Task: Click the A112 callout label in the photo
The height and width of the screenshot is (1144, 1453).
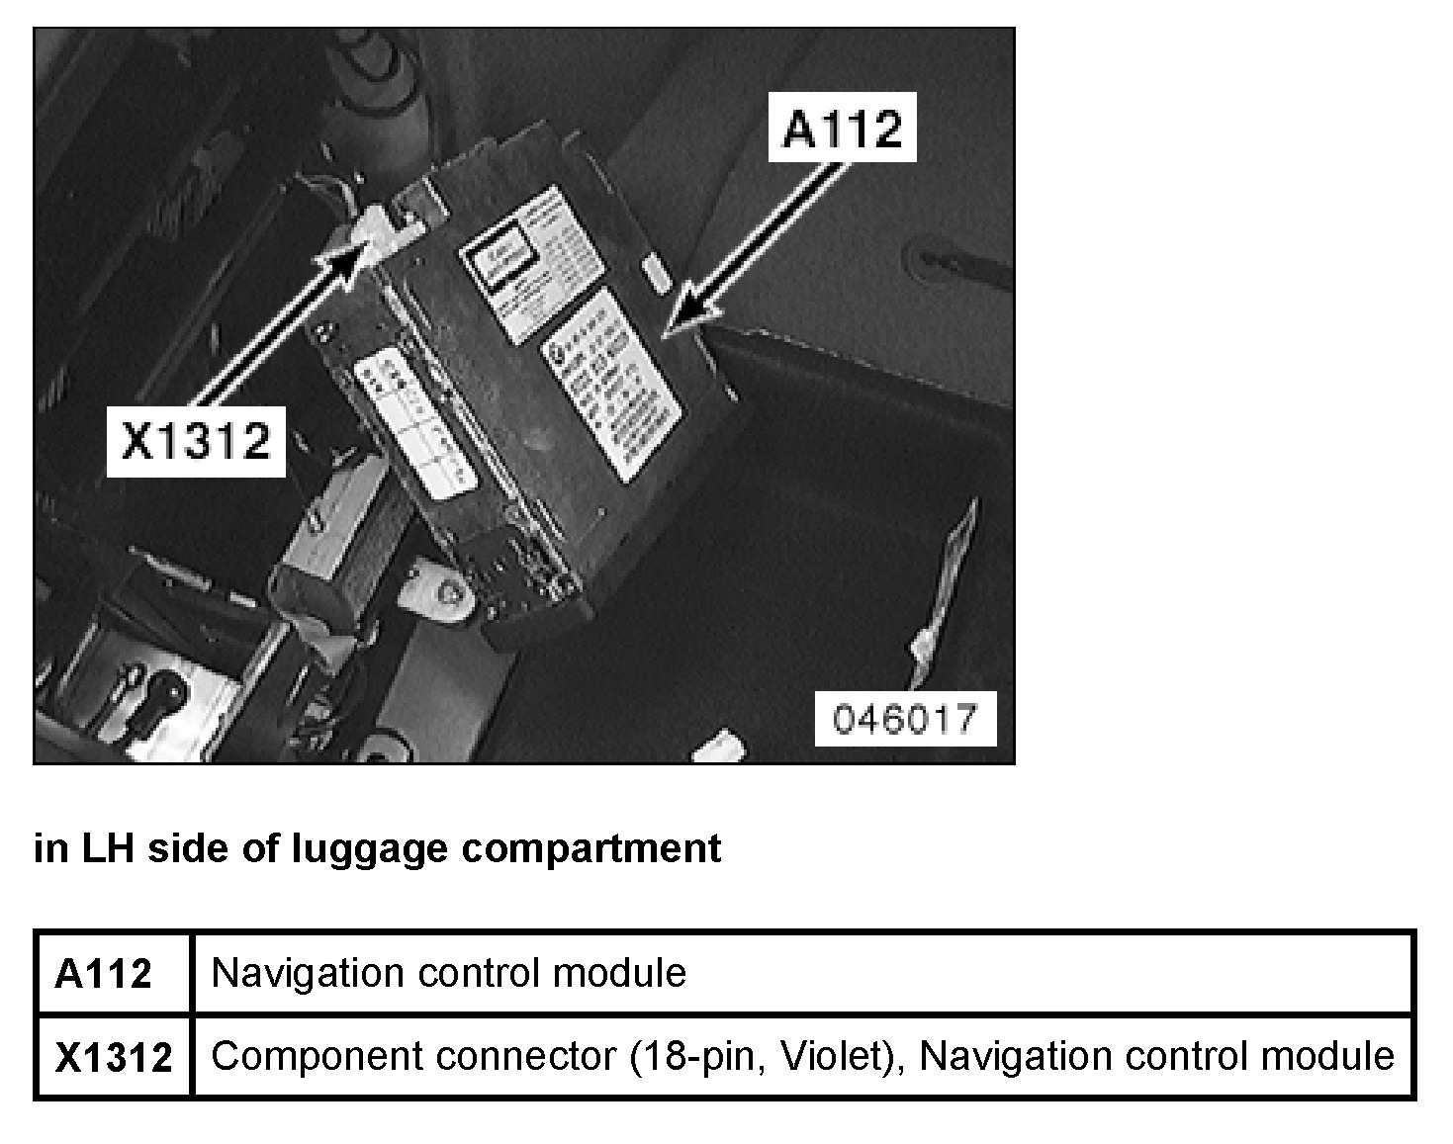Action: coord(843,129)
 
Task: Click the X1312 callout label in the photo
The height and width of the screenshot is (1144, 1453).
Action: coord(196,441)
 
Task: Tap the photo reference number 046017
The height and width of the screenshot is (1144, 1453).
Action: coord(904,719)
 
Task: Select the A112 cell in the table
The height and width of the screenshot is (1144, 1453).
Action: coord(104,974)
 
